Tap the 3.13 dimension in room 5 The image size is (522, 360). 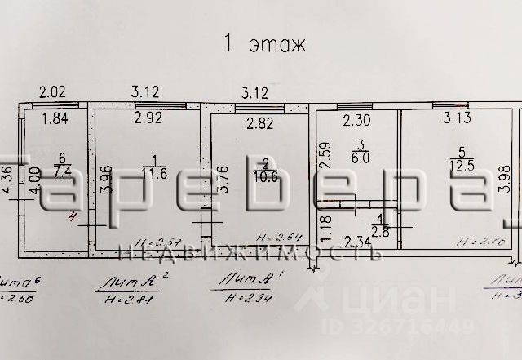458,118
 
